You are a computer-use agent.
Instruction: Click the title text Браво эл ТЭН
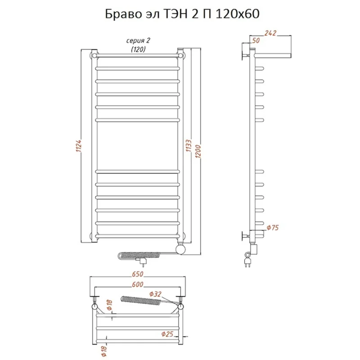(x=146, y=14)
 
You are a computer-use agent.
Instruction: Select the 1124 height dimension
(x=79, y=146)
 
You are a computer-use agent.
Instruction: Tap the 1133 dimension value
(x=188, y=146)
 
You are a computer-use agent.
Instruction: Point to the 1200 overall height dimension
(x=198, y=151)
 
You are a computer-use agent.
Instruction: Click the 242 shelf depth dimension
(x=270, y=33)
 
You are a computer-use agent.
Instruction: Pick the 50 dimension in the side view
(x=256, y=41)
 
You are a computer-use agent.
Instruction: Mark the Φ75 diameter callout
(x=273, y=228)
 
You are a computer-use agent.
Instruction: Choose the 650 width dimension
(x=138, y=274)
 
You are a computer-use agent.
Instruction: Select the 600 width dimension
(x=138, y=285)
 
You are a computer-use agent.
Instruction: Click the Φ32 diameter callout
(x=155, y=294)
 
